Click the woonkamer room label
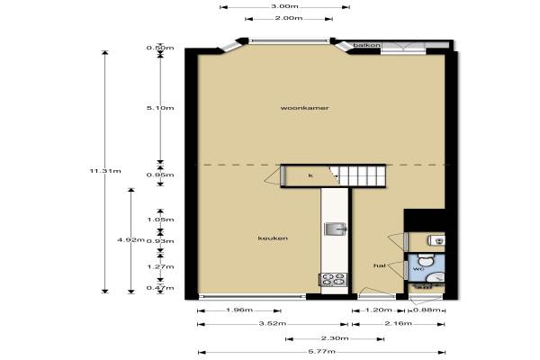[x=304, y=108]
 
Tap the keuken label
[x=273, y=238]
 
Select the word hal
[x=380, y=265]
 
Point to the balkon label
[x=367, y=45]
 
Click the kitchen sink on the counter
[x=336, y=229]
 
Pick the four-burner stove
[x=333, y=279]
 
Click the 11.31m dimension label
[x=105, y=171]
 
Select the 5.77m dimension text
[x=321, y=352]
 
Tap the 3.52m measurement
[x=273, y=323]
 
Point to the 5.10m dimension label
[x=160, y=108]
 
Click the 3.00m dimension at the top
[x=284, y=6]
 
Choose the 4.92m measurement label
[x=130, y=239]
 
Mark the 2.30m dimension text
[x=335, y=338]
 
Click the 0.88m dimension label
[x=427, y=310]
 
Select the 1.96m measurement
[x=239, y=310]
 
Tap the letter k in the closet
[x=310, y=175]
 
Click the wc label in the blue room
[x=418, y=269]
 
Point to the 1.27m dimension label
[x=160, y=266]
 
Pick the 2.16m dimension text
[x=399, y=323]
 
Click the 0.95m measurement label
[x=160, y=175]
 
